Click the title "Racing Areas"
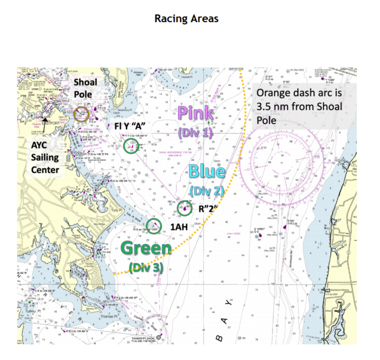click(x=186, y=19)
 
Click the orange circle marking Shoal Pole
click(x=81, y=114)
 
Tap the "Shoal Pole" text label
click(x=85, y=88)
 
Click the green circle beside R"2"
click(x=185, y=208)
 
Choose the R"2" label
click(x=207, y=208)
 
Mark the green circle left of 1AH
click(x=153, y=226)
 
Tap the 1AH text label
click(x=179, y=227)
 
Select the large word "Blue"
click(x=207, y=172)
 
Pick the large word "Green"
click(x=147, y=249)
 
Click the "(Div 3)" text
click(x=145, y=266)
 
